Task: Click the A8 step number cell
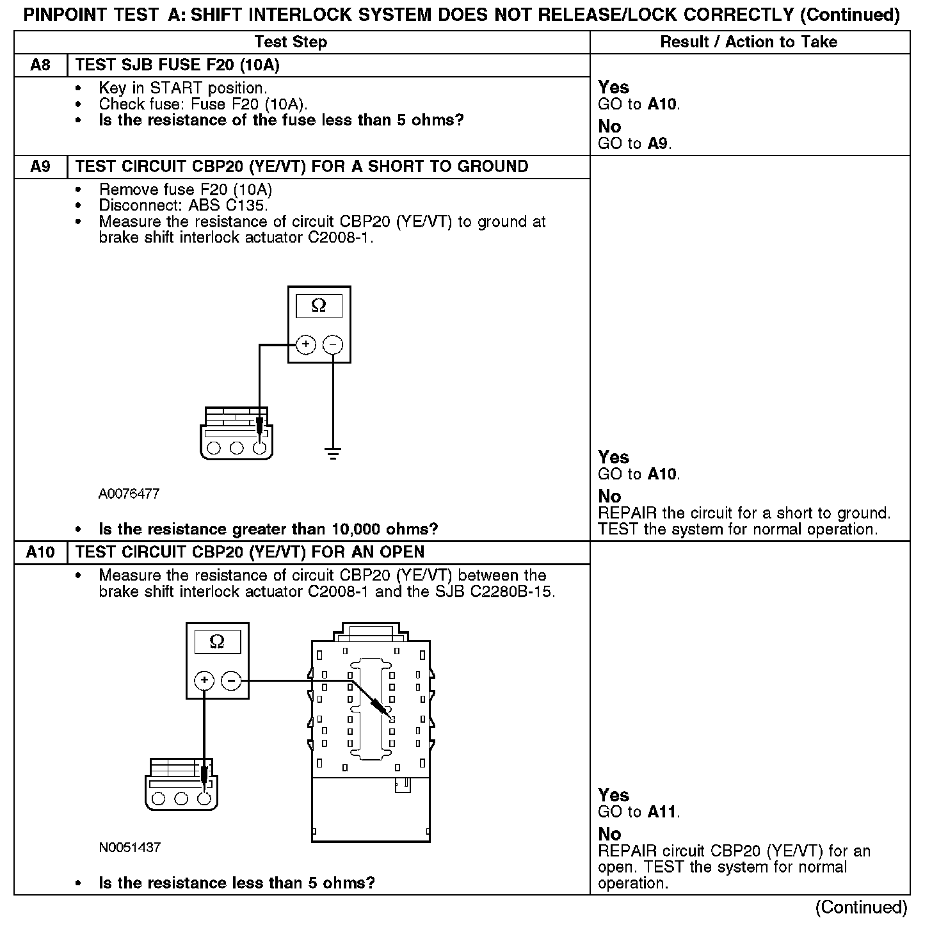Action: coord(40,65)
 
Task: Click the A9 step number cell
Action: coord(40,167)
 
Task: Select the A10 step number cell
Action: coord(40,552)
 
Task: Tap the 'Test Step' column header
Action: coord(291,42)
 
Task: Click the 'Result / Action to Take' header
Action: coord(748,42)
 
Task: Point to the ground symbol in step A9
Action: coord(333,455)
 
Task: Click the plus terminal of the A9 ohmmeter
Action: coord(306,345)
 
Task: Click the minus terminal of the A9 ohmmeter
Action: coord(333,345)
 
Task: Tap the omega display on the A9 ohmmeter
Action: coord(319,307)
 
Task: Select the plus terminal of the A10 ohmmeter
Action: coord(204,680)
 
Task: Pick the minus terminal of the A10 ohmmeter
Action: coord(232,680)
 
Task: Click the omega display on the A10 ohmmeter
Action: coord(217,641)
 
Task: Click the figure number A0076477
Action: coord(129,494)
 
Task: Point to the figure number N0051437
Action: coord(129,848)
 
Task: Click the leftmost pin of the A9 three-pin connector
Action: coord(214,448)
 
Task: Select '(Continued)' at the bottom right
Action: coord(861,908)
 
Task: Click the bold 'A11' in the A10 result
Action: coord(662,812)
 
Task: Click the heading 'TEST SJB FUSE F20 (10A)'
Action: coord(177,65)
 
